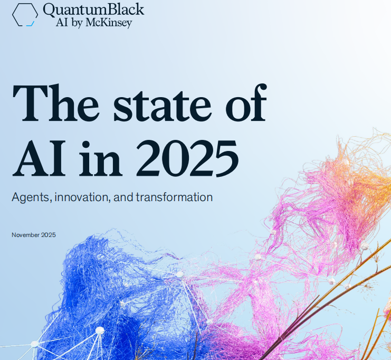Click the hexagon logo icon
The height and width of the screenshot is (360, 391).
(25, 14)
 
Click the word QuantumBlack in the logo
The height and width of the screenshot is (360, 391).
(93, 10)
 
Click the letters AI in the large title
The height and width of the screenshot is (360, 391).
(40, 157)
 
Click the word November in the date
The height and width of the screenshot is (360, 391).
(25, 235)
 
